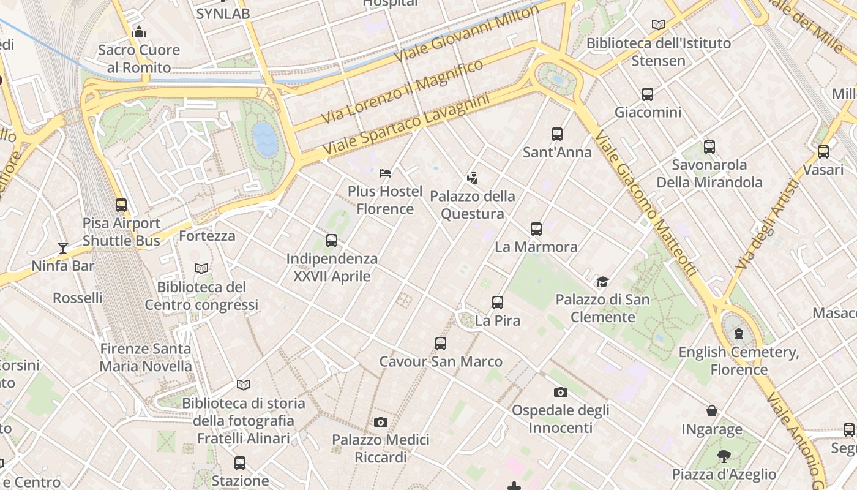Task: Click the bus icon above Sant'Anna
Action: coord(557,134)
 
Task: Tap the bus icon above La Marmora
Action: coord(536,229)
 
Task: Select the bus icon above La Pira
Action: coord(498,302)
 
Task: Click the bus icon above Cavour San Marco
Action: coord(441,343)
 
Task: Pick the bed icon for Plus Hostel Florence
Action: coord(385,173)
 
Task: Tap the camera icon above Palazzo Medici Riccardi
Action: coord(381,422)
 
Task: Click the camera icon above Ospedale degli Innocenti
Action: coord(560,392)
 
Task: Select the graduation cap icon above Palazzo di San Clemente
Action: coord(603,282)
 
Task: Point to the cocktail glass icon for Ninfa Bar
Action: coord(63,247)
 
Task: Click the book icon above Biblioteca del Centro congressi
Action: coord(201,268)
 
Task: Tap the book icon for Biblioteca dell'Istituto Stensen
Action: coord(659,25)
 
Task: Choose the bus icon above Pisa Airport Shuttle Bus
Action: coord(121,205)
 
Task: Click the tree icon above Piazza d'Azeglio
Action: coord(724,456)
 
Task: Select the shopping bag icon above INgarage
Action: coord(712,410)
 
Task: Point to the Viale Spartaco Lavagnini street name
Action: coord(406,124)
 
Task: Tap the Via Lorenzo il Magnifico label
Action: coord(402,91)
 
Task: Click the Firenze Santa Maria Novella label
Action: coord(146,358)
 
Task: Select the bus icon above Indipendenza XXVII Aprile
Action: coord(332,240)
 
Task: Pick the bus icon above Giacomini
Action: coord(648,94)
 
